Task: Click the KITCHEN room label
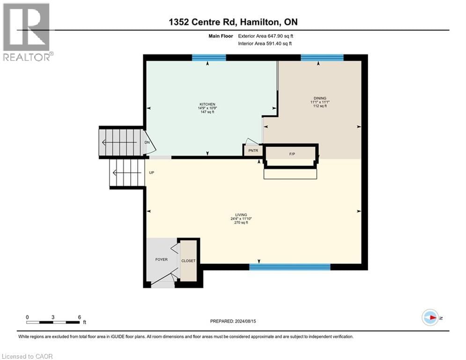click(x=207, y=104)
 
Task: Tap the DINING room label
click(x=320, y=98)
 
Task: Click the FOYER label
click(x=162, y=259)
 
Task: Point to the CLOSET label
click(x=189, y=261)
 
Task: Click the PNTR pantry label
click(x=253, y=150)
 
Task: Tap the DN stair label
click(x=147, y=142)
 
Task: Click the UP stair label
click(x=151, y=172)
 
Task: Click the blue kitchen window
click(x=209, y=58)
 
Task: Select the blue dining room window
click(x=322, y=58)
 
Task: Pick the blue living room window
click(x=289, y=267)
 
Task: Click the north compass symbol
click(x=430, y=317)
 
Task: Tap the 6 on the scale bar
click(x=79, y=316)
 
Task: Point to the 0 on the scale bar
click(x=28, y=316)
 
